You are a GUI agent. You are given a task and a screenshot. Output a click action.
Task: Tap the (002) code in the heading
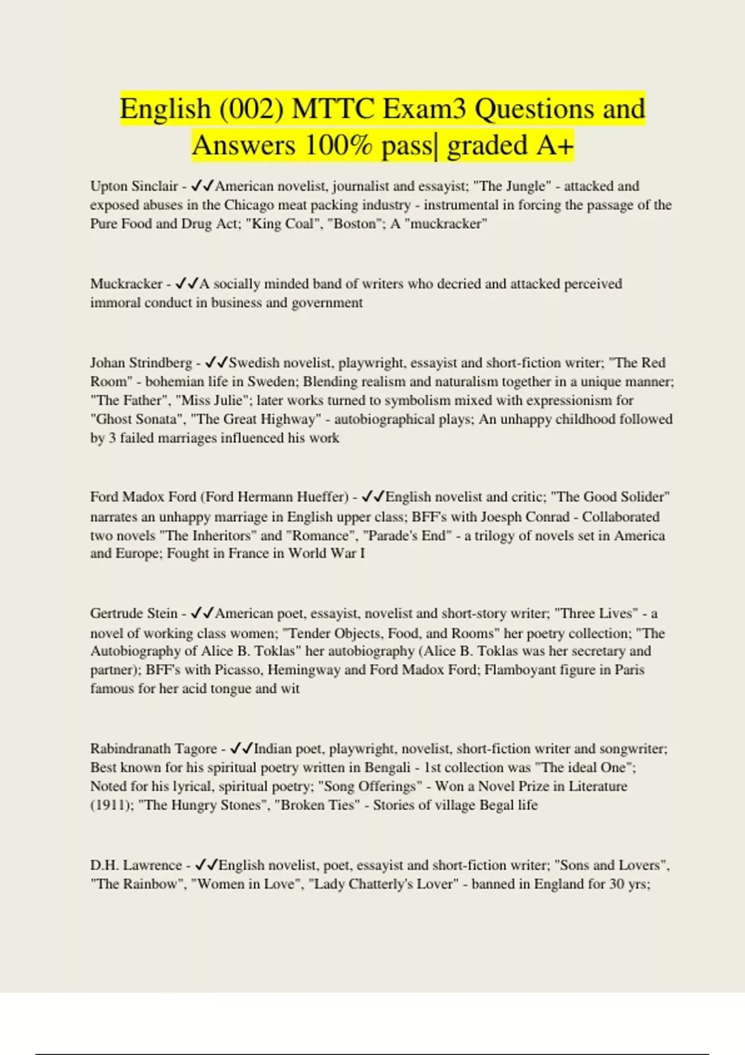[x=250, y=109]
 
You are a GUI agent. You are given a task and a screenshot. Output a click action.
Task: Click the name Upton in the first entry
[x=109, y=186]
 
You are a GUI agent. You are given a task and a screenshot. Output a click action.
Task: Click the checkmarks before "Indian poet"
[x=241, y=748]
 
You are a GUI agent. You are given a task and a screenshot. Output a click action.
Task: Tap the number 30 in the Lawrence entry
[x=616, y=884]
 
